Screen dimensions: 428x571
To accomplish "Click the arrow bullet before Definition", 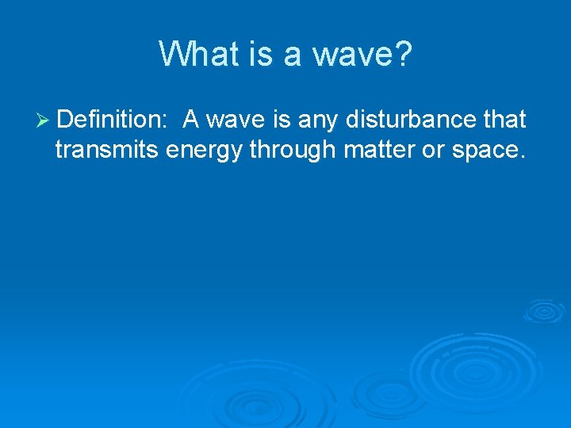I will [44, 120].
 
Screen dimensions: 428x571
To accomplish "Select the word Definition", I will [108, 120].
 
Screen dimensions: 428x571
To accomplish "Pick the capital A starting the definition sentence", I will [190, 120].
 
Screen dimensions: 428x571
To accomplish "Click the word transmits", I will [108, 149].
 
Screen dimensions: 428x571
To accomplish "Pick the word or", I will [433, 151].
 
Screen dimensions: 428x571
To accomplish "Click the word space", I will [489, 151].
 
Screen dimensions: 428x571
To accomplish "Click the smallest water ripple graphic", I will [544, 311].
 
